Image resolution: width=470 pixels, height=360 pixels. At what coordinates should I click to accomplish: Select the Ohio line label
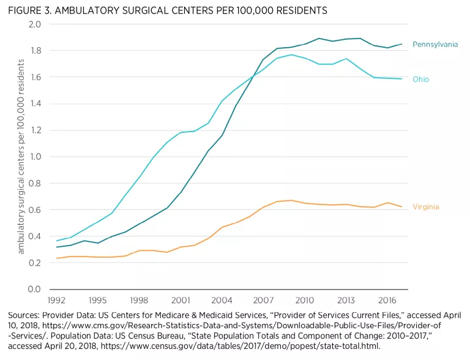pos(420,80)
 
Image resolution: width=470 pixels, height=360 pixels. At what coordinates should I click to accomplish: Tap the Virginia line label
pos(425,207)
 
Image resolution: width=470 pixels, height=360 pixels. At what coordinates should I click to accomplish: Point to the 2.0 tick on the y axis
pos(34,24)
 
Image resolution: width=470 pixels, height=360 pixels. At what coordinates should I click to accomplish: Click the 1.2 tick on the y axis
pos(34,130)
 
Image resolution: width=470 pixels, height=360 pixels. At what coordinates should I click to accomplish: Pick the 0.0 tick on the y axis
pos(34,289)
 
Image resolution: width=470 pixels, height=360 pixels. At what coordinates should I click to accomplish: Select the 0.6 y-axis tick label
pos(34,210)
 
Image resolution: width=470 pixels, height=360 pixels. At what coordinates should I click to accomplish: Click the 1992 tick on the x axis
pos(56,301)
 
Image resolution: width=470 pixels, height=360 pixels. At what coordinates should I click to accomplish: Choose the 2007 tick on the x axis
pos(263,301)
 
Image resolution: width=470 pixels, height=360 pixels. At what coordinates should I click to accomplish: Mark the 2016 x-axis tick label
pos(387,301)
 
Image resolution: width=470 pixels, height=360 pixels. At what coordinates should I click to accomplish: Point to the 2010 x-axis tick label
pos(305,301)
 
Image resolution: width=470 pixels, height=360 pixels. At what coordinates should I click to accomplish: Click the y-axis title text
pos(21,157)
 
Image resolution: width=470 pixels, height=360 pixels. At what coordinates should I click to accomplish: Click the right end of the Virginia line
pos(401,207)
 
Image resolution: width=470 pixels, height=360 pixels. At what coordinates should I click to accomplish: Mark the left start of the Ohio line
pos(56,241)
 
